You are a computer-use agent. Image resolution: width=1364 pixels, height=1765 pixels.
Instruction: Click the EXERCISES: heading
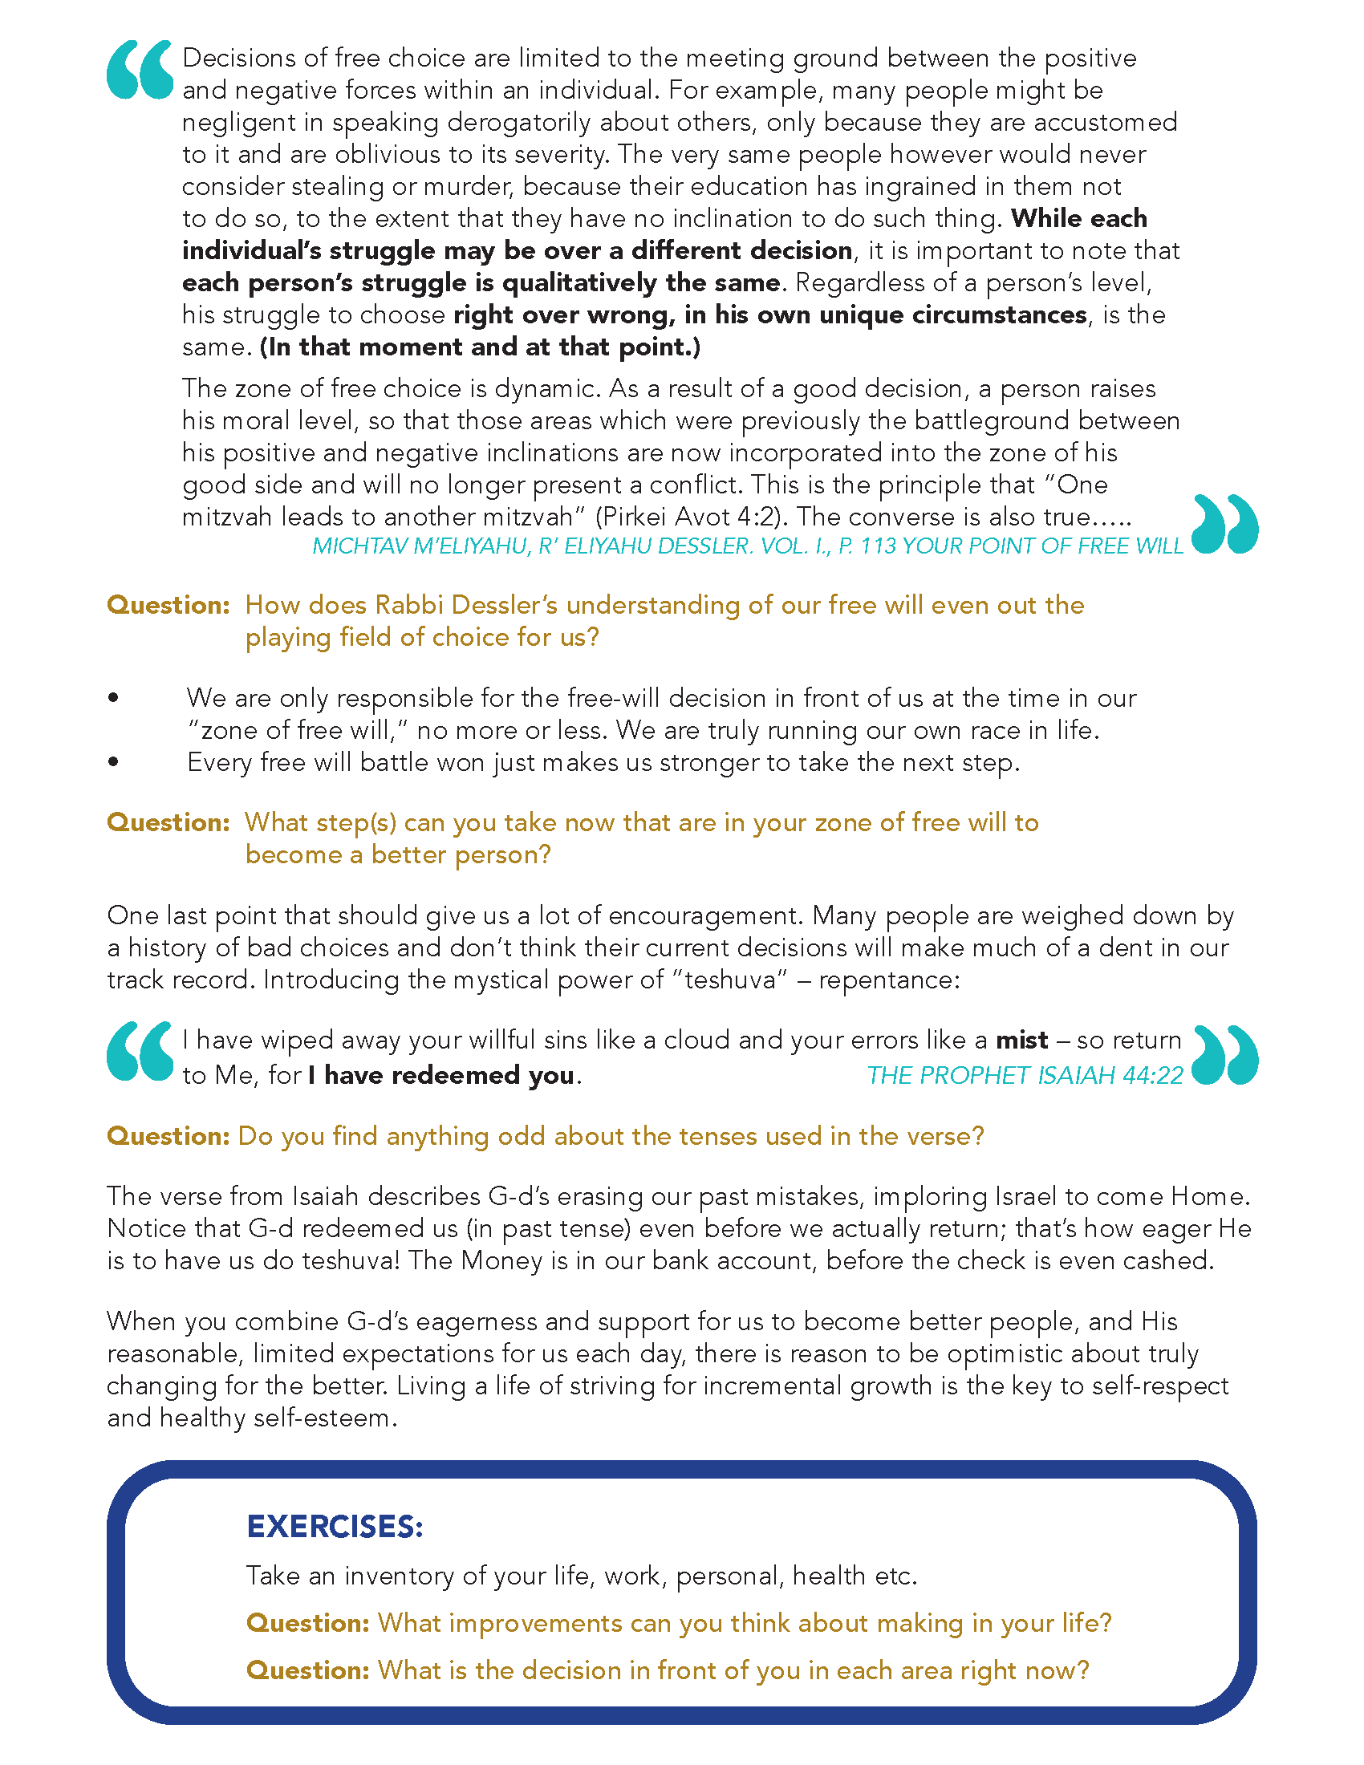point(335,1527)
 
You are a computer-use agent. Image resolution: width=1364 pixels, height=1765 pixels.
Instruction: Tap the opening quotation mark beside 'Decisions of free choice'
point(140,70)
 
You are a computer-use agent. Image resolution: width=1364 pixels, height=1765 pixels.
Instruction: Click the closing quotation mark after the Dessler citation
point(1224,525)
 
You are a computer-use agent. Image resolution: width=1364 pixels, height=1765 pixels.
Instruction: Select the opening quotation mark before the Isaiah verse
point(140,1052)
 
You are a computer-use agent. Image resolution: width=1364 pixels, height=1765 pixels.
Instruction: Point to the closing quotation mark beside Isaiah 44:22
point(1224,1056)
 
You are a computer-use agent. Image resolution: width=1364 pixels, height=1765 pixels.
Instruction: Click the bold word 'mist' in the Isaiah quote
point(1021,1040)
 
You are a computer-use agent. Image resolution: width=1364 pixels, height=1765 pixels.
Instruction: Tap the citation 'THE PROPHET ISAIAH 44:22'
point(1024,1076)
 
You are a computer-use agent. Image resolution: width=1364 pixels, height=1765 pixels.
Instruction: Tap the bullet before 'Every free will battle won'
point(113,762)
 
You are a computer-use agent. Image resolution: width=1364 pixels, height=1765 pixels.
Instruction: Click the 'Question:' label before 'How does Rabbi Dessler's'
point(168,605)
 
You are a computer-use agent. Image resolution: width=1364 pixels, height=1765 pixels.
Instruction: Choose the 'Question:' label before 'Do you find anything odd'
point(168,1136)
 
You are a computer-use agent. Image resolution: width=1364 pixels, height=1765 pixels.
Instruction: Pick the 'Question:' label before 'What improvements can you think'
point(308,1623)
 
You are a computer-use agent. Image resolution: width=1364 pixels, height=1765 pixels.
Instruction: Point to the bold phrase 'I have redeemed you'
point(442,1076)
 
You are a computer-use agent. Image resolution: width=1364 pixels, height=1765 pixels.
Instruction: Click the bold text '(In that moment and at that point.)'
point(481,347)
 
